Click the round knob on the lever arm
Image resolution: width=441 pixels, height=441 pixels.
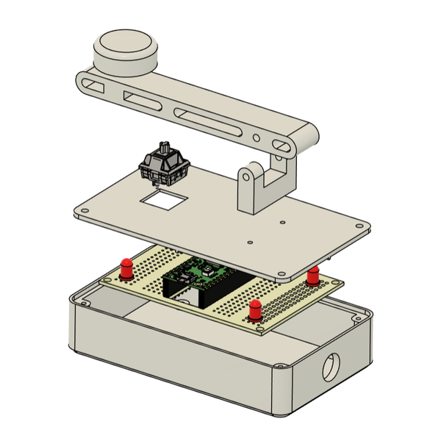click(126, 51)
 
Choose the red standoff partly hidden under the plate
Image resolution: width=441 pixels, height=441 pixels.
click(314, 276)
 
